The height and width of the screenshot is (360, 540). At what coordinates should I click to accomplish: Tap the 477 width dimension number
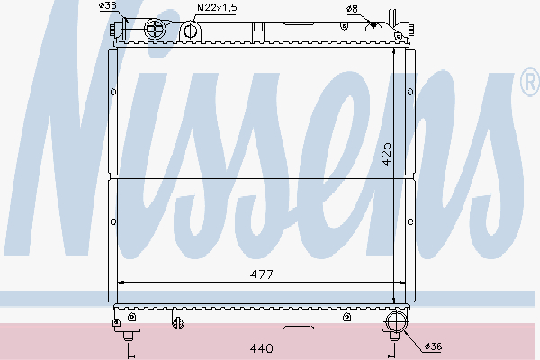point(261,273)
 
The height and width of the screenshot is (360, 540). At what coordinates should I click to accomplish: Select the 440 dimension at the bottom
point(261,346)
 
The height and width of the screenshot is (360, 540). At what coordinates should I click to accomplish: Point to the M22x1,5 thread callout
point(216,8)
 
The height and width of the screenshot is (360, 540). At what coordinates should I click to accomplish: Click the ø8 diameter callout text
point(351,8)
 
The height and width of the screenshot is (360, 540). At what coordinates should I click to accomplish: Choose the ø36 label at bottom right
point(432,346)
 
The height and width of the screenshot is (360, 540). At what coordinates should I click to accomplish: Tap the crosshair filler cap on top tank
point(155,30)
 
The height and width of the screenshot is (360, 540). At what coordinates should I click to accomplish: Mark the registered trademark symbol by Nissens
point(529,84)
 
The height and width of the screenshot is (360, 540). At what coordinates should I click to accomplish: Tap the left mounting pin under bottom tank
point(129,336)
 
